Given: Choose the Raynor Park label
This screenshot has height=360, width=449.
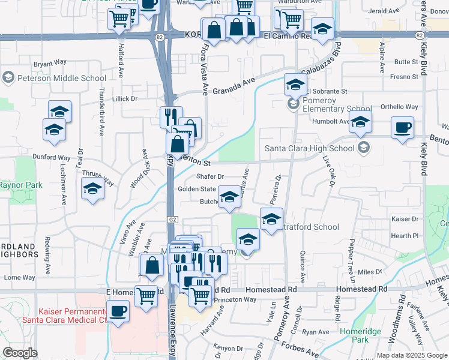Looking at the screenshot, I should coord(20,185).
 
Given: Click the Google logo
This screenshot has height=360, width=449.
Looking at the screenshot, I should coord(20,353).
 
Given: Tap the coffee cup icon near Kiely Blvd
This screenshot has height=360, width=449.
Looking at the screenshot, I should coord(402,128).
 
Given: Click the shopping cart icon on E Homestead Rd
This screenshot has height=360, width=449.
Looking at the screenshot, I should coord(146,295).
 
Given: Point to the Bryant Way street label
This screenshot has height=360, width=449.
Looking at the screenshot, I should coord(50,62).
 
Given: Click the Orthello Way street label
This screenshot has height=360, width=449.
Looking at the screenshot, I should coord(399,107).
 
